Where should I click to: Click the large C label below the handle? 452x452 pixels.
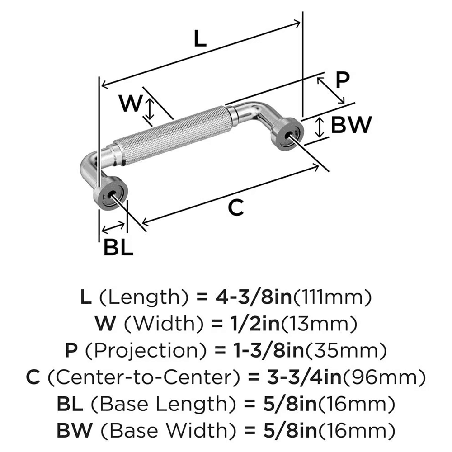point(235,207)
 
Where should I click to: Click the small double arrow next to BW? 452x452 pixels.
point(320,127)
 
